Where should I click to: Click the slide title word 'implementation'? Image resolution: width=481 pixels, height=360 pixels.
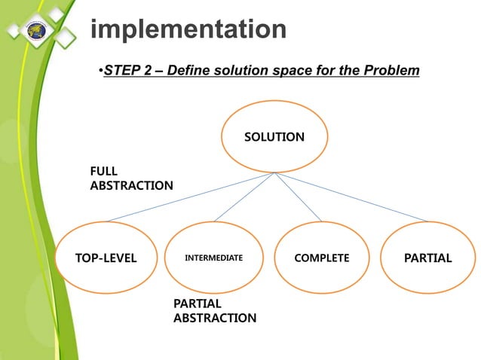point(188,30)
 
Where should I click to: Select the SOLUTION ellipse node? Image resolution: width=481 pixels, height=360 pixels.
point(274,137)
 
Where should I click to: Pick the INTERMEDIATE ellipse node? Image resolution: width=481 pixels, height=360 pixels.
point(214,258)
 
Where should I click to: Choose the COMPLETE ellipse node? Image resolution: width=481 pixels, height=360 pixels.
point(321,258)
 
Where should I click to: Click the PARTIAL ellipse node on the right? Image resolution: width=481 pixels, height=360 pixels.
point(427,258)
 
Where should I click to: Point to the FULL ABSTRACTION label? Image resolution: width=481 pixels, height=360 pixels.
point(131,178)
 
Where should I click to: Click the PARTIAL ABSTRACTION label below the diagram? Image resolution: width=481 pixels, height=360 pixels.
point(214,310)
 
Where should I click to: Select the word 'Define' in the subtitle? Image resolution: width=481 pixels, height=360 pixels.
point(190,72)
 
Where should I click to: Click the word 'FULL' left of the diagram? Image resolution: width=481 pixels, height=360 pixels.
point(104,171)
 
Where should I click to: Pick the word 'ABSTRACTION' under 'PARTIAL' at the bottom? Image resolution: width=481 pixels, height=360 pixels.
point(214,318)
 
